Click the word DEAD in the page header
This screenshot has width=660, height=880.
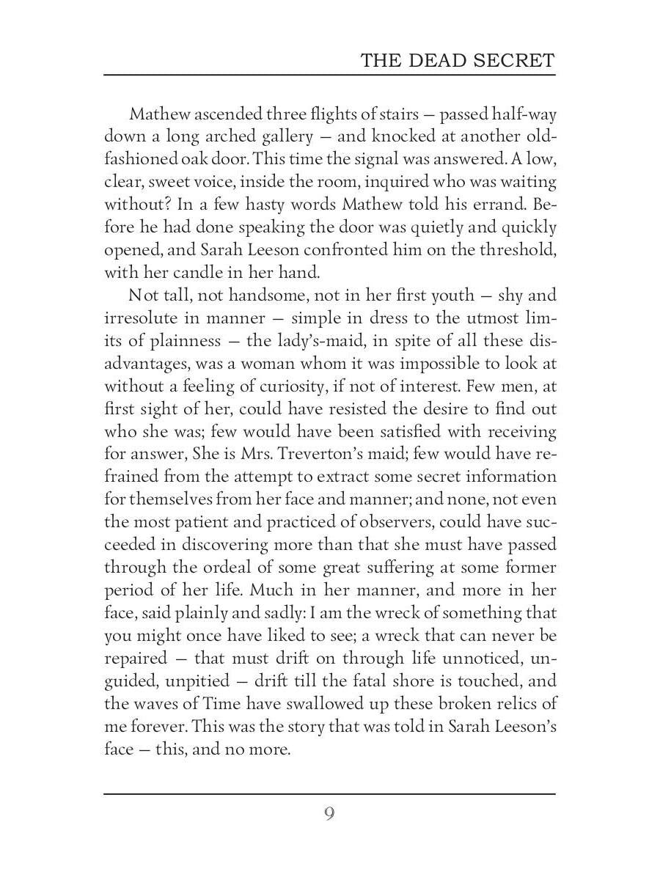pyautogui.click(x=435, y=60)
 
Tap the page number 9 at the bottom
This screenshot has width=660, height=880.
pyautogui.click(x=329, y=813)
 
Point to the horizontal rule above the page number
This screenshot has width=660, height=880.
pyautogui.click(x=329, y=793)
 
